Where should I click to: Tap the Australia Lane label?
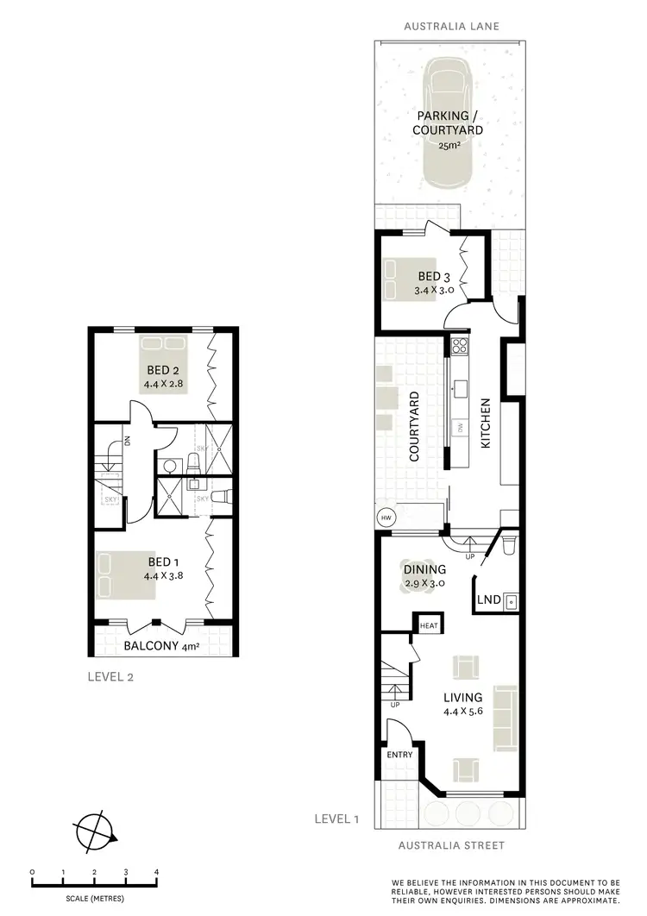(448, 27)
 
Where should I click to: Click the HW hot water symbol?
(385, 518)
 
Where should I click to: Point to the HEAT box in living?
(428, 624)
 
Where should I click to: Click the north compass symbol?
(95, 832)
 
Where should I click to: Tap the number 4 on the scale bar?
(156, 872)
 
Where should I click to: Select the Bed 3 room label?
(435, 276)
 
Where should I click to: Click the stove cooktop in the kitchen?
(460, 348)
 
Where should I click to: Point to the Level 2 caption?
(110, 677)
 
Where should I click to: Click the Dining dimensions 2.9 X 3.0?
(424, 583)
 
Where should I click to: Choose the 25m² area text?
(448, 146)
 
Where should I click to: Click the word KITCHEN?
(486, 423)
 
